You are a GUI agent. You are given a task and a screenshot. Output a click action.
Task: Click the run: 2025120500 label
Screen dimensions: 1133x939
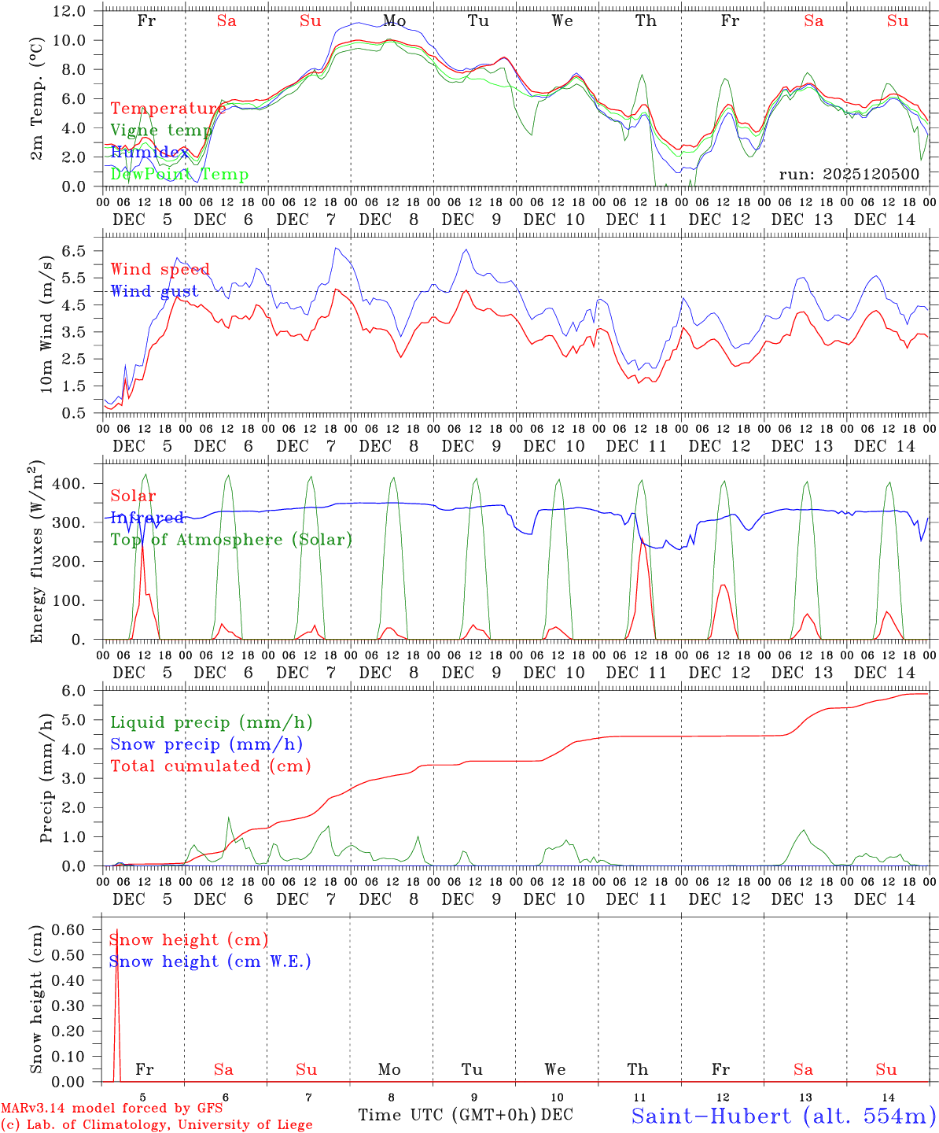tap(849, 174)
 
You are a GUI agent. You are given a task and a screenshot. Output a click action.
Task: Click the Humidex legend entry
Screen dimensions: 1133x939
tap(149, 152)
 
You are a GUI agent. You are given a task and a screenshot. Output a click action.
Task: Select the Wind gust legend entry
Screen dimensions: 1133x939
tap(154, 291)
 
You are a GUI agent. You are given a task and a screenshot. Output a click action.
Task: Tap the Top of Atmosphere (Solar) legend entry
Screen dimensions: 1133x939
tap(230, 540)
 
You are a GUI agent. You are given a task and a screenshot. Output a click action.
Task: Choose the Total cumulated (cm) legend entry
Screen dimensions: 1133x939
tap(210, 766)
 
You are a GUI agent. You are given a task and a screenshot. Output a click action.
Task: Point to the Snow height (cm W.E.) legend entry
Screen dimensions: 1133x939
tap(210, 961)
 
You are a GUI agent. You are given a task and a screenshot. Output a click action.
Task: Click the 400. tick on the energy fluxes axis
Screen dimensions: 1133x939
tap(68, 483)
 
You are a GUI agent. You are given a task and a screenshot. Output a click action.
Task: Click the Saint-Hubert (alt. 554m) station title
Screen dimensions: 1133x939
tap(782, 1116)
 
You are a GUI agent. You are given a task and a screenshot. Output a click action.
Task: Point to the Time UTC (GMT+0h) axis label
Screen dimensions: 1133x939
tap(447, 1114)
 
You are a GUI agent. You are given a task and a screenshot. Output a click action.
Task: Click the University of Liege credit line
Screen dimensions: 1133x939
tap(156, 1124)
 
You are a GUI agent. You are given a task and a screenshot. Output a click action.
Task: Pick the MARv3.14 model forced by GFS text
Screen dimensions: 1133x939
tap(112, 1108)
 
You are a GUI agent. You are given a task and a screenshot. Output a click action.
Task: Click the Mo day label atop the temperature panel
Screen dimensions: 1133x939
tap(395, 20)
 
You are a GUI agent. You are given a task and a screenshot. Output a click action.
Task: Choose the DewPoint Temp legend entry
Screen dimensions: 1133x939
tap(179, 174)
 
